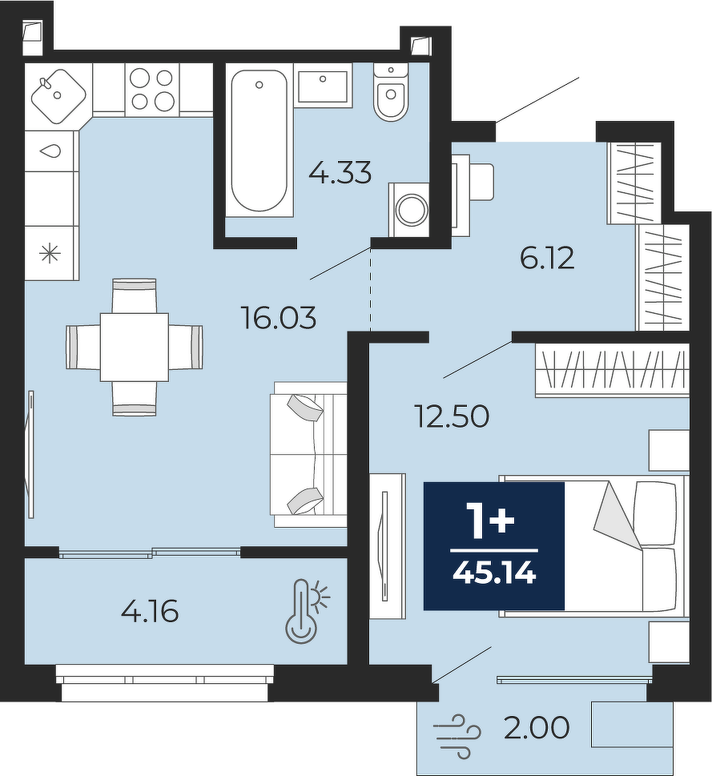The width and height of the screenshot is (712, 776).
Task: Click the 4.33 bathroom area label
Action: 340,173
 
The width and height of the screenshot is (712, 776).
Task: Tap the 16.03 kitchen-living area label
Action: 279,317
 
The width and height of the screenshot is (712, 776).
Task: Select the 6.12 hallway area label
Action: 547,259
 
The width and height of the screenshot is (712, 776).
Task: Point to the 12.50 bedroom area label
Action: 453,416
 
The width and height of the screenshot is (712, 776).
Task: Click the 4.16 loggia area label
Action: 150,612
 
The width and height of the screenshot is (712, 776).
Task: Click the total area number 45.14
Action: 495,574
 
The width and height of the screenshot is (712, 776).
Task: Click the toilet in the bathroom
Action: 390,92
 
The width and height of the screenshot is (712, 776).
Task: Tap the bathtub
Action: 259,141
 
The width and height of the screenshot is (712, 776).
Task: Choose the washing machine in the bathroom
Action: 408,210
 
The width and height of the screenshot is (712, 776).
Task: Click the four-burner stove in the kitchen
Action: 152,90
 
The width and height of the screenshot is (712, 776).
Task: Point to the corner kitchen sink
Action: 59,95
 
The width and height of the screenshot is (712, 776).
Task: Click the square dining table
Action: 134,347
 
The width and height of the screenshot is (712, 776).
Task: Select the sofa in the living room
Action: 308,454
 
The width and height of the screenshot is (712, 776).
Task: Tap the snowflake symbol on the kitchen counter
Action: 50,255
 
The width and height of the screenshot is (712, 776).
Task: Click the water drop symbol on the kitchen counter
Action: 51,151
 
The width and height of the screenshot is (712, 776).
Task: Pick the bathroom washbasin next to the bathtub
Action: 324,86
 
